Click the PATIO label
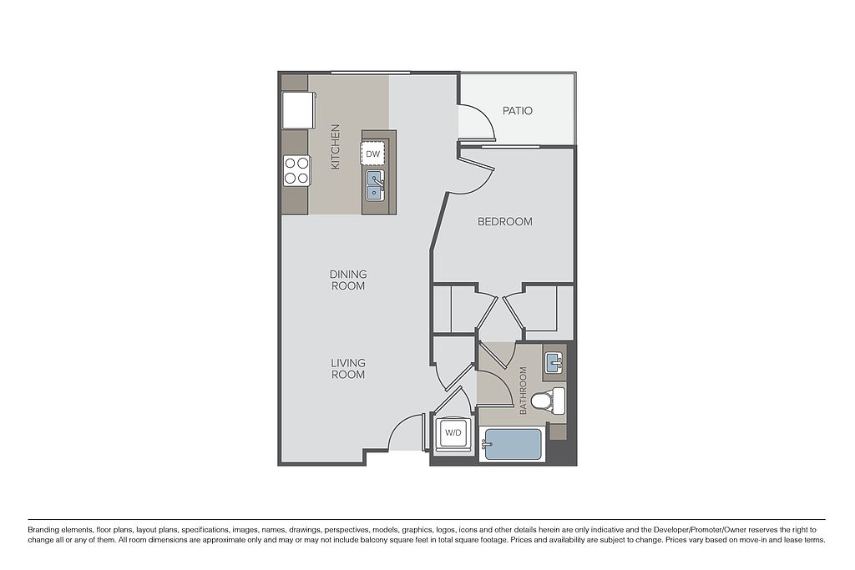tap(517, 111)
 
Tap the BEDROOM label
tap(505, 222)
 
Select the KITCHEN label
tap(336, 147)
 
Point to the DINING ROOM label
tap(348, 280)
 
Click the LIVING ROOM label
tap(348, 368)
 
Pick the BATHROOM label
tap(524, 391)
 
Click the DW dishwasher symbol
tap(373, 154)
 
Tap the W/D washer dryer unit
tap(453, 433)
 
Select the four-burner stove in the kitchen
tap(296, 170)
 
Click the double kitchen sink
tap(375, 184)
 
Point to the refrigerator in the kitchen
tap(298, 110)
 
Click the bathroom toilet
tap(549, 401)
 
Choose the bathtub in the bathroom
tap(513, 444)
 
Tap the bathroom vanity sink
tap(554, 362)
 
